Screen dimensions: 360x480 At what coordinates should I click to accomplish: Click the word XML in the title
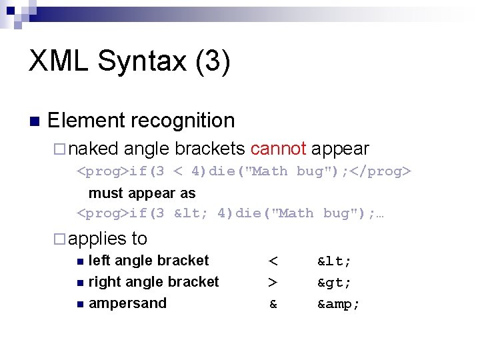click(x=59, y=61)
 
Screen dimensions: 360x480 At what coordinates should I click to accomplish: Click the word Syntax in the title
click(x=140, y=61)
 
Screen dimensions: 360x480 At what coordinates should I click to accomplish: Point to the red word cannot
click(x=278, y=149)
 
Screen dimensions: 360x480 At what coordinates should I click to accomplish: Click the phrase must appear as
click(x=142, y=193)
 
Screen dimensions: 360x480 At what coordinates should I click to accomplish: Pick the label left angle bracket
click(x=149, y=261)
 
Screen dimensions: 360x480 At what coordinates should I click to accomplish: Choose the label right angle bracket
click(x=153, y=282)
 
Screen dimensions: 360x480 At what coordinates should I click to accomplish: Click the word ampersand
click(x=127, y=303)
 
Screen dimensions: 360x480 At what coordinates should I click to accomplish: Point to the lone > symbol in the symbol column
click(x=273, y=283)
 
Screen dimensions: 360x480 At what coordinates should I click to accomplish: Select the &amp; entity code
click(x=339, y=304)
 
